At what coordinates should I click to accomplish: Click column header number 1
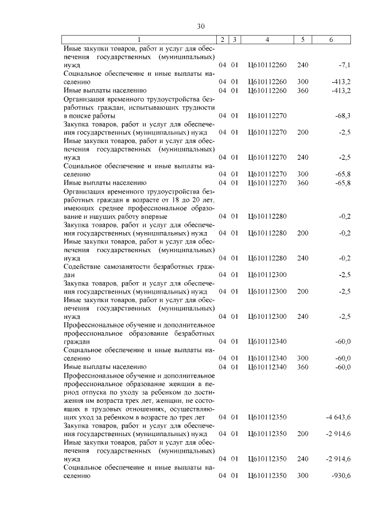click(138, 40)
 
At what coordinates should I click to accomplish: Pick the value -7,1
click(343, 66)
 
